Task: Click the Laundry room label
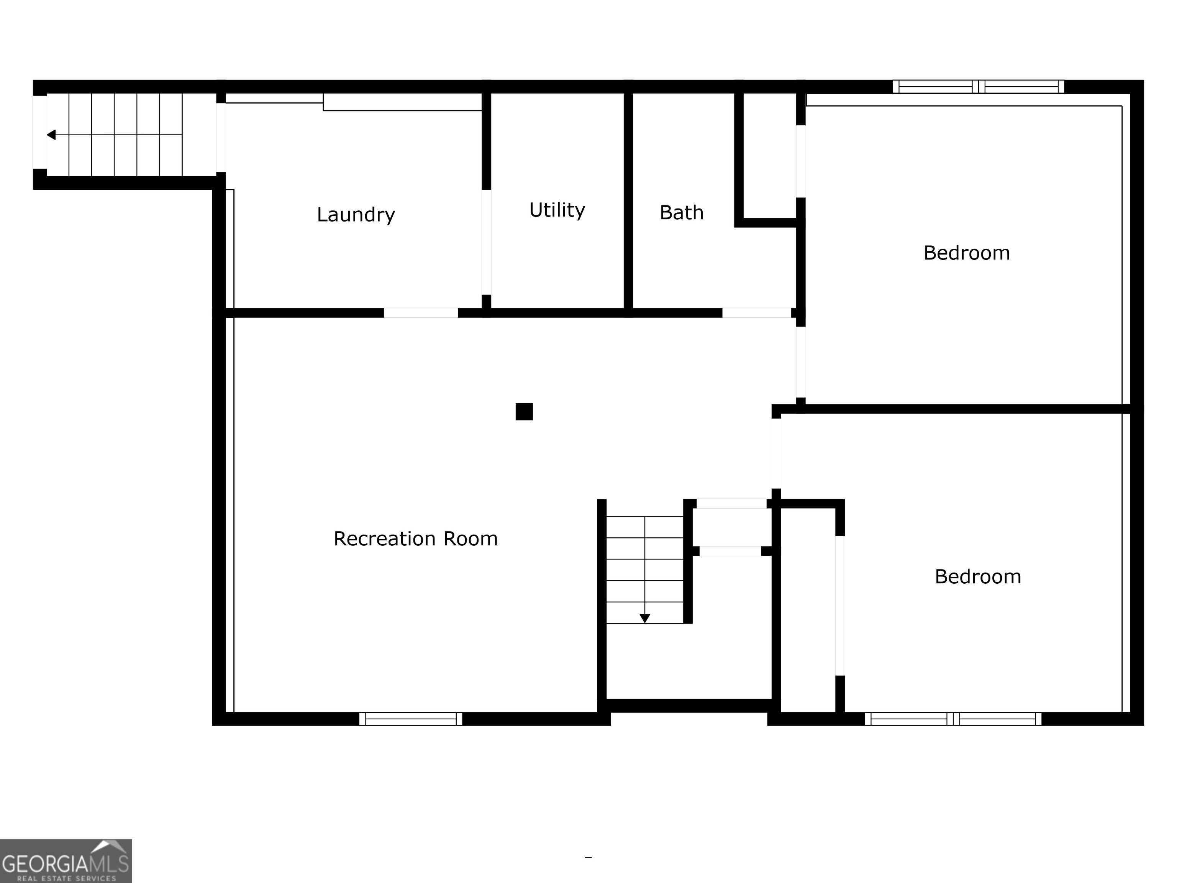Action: coord(356,215)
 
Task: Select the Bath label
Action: coord(681,212)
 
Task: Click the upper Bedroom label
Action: coord(966,253)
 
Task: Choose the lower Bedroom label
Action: coord(977,576)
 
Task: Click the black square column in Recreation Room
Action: coord(524,412)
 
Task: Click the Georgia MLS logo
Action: coord(66,861)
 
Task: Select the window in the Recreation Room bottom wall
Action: coord(411,719)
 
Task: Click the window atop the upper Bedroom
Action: coord(978,86)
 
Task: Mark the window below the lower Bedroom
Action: coord(952,719)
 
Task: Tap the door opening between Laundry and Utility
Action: coord(486,242)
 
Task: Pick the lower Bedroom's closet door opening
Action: coord(840,606)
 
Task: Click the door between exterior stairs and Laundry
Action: coord(220,137)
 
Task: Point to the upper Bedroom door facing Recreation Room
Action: coord(800,362)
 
